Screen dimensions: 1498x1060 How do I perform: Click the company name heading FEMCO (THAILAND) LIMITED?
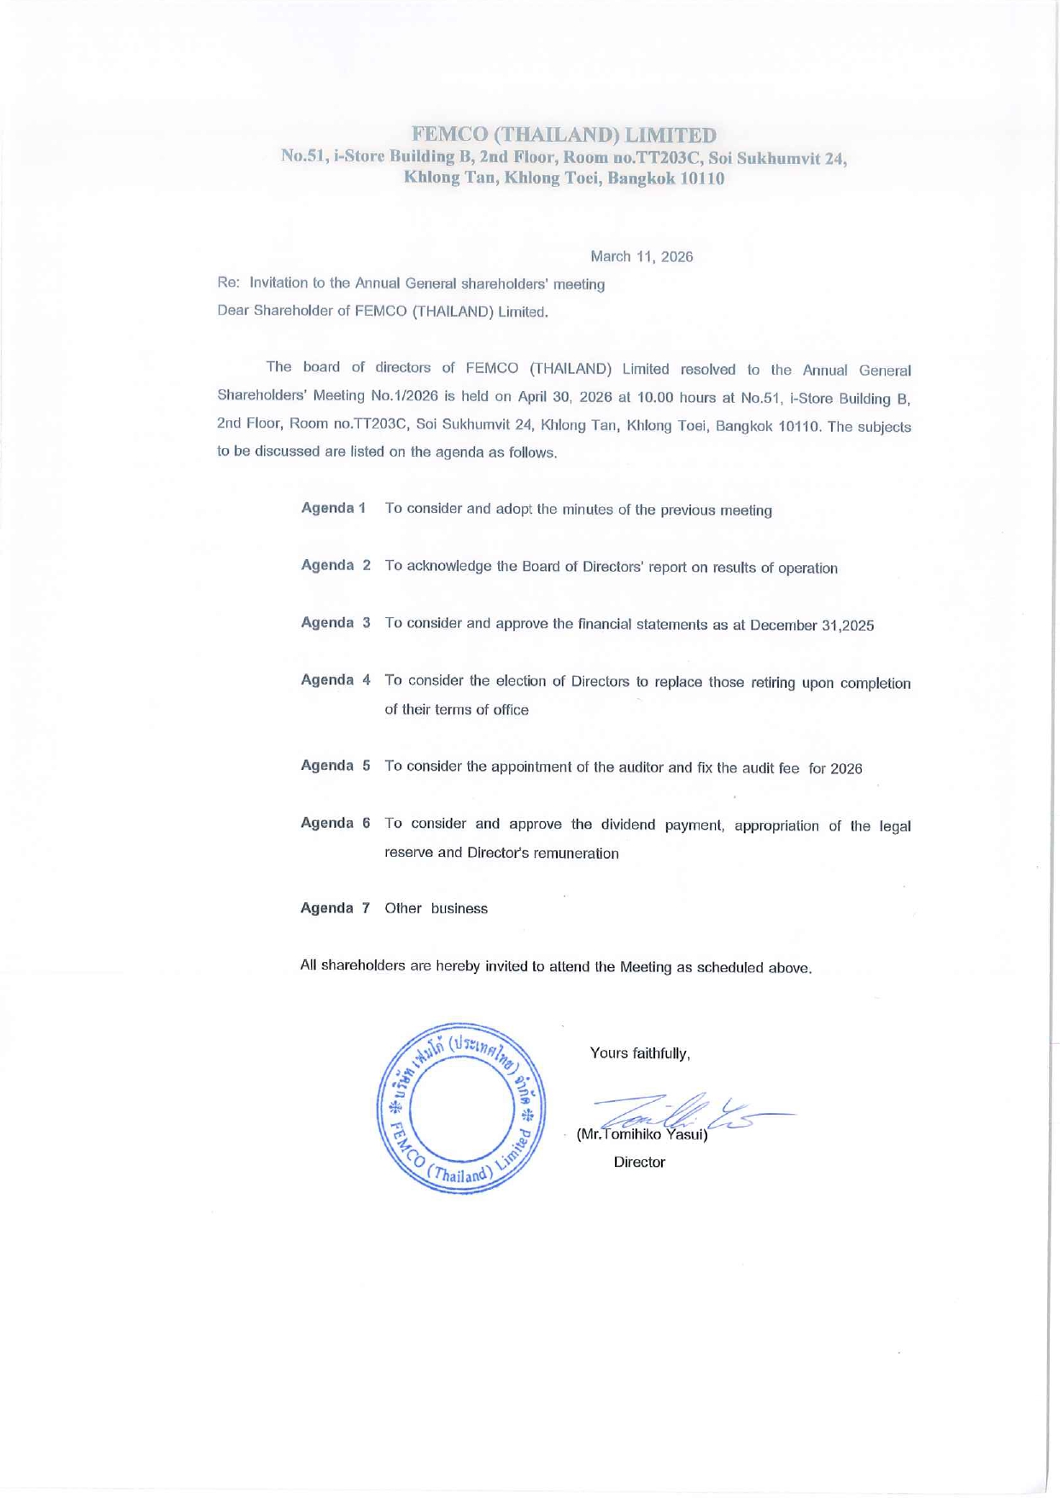pos(564,135)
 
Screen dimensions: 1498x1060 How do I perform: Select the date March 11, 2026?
pos(641,256)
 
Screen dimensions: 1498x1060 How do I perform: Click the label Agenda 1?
pos(334,508)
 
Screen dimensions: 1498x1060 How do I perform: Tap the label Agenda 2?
pos(336,565)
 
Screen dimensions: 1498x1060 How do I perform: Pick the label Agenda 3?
pos(336,622)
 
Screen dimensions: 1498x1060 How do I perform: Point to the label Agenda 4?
pos(336,679)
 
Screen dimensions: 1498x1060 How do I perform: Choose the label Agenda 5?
pos(336,765)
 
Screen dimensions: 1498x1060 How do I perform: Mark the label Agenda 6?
pos(336,822)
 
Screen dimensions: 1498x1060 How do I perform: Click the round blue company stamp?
pos(461,1108)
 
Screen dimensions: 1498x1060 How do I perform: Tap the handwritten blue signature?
pos(683,1114)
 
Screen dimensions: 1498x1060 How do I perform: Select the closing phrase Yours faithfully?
pos(640,1052)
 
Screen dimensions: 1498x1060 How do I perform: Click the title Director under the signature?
pos(639,1162)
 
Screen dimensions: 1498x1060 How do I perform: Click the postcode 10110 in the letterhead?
pos(703,178)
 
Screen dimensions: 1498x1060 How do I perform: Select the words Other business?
pos(436,908)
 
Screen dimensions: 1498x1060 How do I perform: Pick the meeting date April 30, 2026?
pos(566,397)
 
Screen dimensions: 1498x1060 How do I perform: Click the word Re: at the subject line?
pos(228,283)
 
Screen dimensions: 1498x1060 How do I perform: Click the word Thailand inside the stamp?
pos(460,1172)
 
